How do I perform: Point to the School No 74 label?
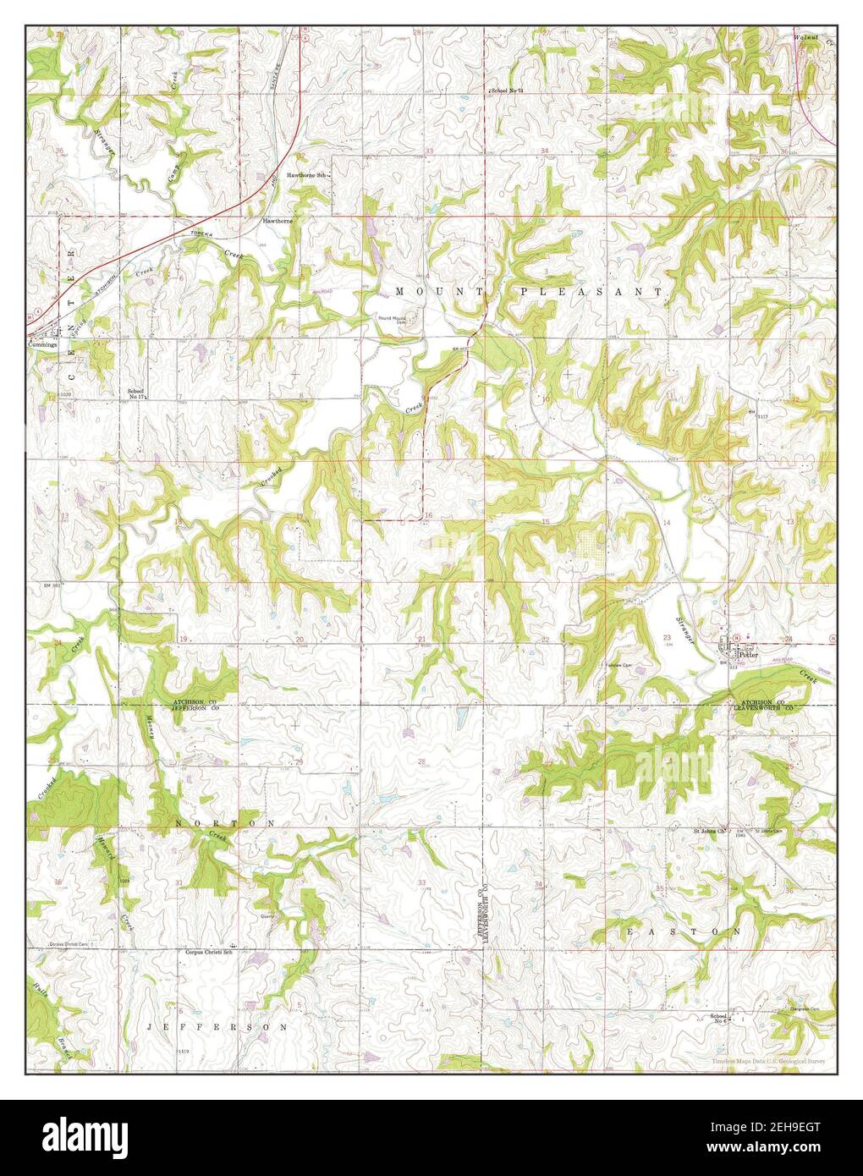[x=508, y=90]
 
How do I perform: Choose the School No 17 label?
[x=136, y=394]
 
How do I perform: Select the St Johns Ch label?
[x=709, y=832]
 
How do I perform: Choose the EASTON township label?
[x=683, y=931]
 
